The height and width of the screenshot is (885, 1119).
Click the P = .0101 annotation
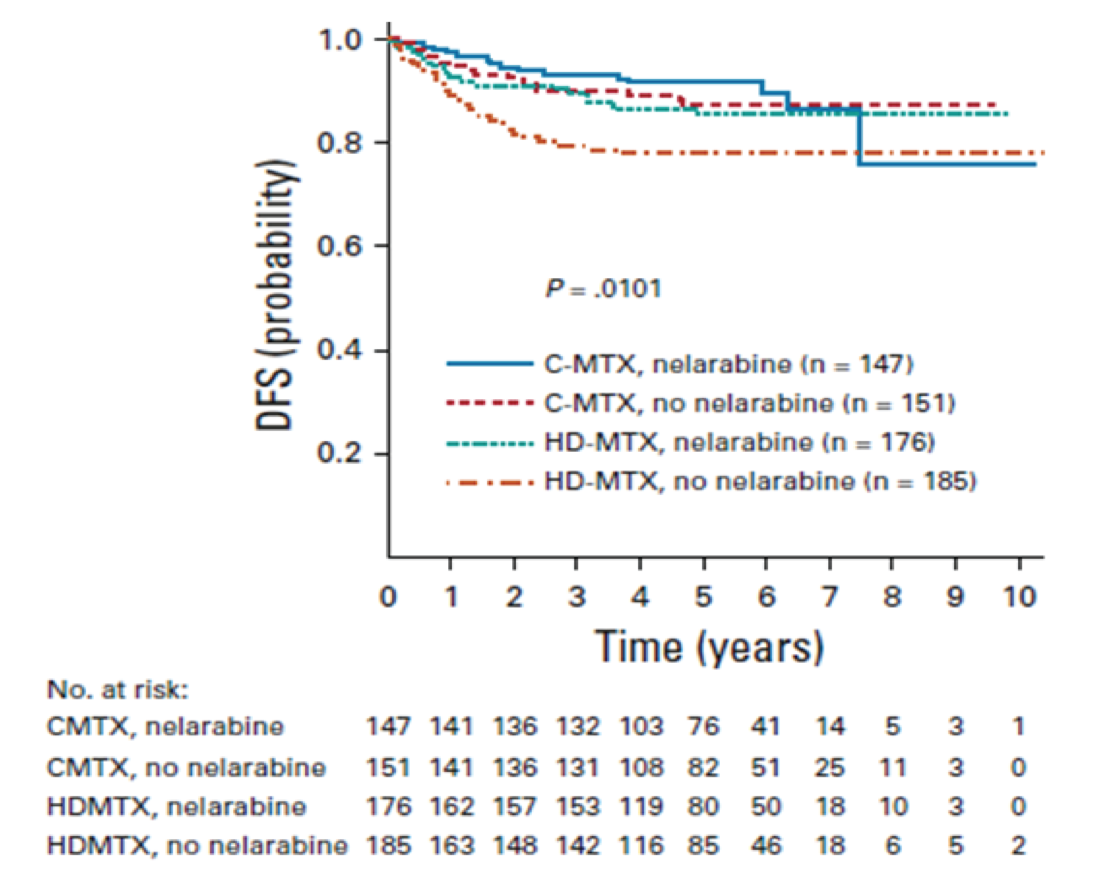click(603, 289)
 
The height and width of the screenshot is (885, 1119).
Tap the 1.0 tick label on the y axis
click(340, 40)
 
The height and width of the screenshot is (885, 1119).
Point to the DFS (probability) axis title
click(275, 296)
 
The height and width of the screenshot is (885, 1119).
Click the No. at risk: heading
click(118, 690)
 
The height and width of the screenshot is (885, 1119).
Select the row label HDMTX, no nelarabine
click(197, 846)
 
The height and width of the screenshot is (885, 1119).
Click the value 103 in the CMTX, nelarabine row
click(641, 726)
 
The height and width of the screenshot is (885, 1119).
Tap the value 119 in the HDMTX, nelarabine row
click(641, 807)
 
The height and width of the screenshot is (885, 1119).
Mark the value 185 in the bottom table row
click(388, 846)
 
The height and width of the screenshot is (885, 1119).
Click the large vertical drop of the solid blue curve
click(858, 137)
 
